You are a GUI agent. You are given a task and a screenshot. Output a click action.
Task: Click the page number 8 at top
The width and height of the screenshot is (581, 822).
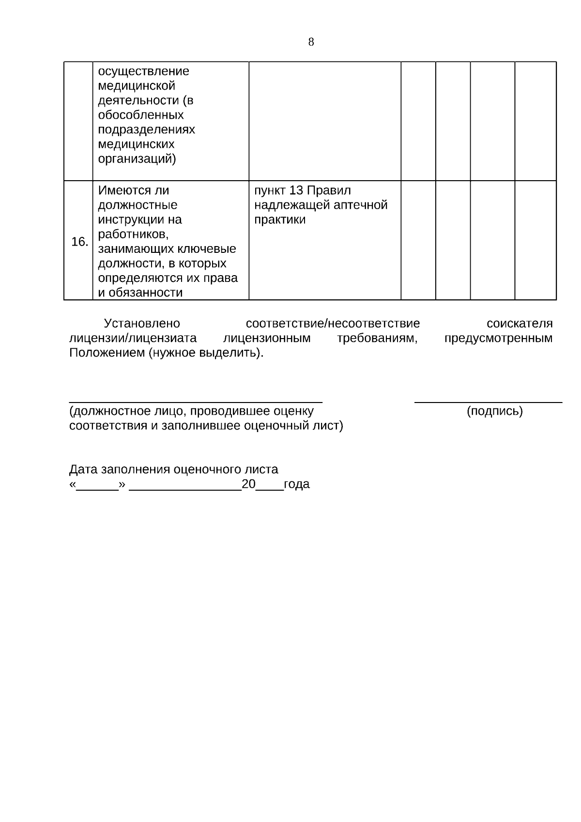pos(311,42)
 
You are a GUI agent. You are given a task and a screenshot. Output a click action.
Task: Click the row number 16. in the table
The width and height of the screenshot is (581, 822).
pos(79,242)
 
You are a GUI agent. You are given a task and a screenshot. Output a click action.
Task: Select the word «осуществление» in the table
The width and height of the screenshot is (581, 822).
pos(144,71)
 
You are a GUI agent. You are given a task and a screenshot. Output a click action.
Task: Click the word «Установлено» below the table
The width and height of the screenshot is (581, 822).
pos(142,324)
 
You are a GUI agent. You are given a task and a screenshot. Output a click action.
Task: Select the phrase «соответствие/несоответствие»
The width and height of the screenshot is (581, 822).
pos(333,324)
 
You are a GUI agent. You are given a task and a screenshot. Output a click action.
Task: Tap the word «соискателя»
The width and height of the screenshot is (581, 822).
pos(520,324)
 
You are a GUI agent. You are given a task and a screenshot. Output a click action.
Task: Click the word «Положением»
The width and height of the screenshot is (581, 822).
pos(107,353)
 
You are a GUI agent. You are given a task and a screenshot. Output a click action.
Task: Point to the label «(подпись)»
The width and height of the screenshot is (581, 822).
pos(494,411)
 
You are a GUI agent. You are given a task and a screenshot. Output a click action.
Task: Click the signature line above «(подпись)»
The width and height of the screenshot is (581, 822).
pos(489,402)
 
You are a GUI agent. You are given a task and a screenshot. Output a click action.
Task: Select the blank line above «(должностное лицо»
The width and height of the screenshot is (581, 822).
pos(196,402)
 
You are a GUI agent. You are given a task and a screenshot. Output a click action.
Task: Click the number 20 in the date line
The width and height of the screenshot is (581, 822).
pos(248,484)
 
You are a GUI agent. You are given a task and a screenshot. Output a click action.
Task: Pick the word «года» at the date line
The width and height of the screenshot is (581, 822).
pos(296,484)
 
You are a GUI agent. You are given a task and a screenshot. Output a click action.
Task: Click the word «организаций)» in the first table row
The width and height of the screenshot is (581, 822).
pos(137,159)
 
